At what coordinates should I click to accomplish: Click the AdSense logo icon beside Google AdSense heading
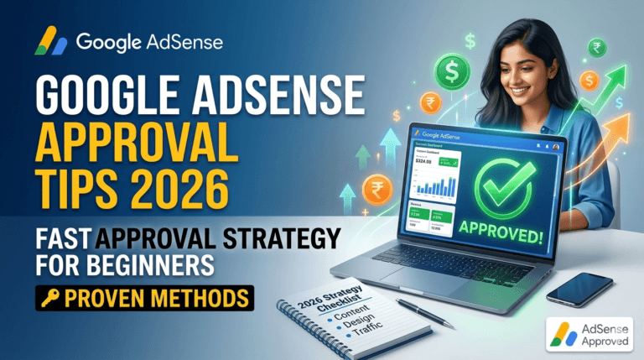[49, 40]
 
